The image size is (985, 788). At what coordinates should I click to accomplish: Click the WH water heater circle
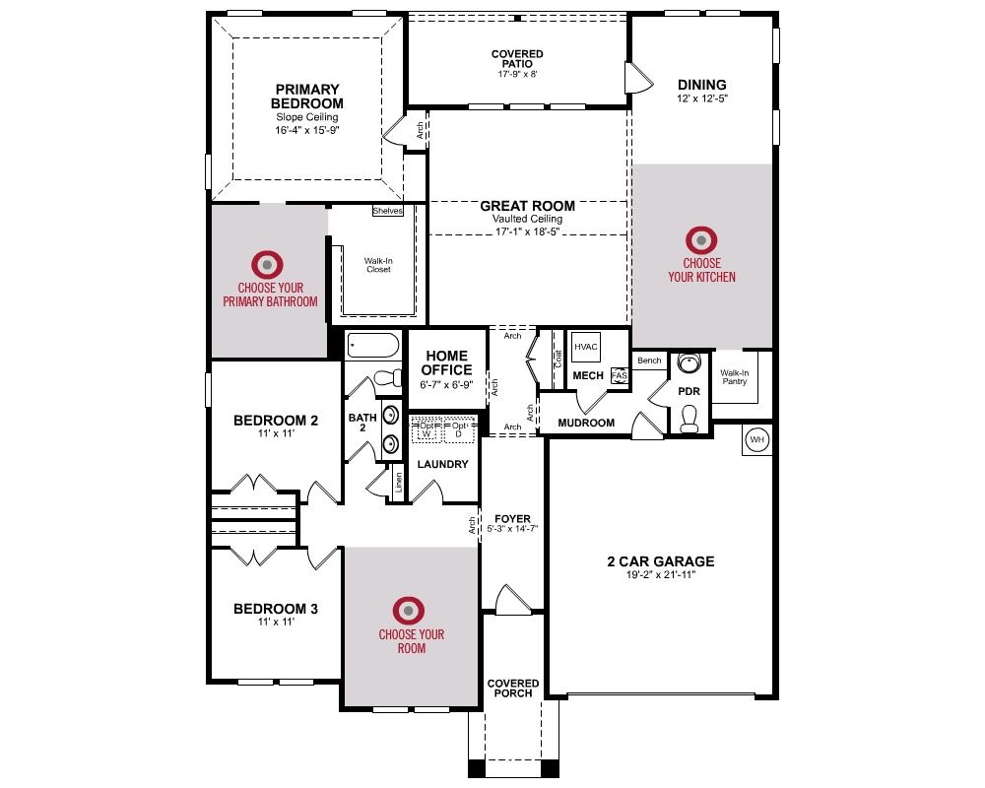[x=756, y=440]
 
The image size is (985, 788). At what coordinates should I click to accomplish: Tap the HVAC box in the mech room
[x=585, y=347]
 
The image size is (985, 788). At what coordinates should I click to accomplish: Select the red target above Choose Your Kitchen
[x=701, y=240]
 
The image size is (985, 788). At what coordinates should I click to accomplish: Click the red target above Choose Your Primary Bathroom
[x=267, y=265]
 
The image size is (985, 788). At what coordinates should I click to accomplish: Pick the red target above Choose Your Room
[x=409, y=611]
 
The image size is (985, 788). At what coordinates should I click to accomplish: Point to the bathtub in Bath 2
[x=373, y=346]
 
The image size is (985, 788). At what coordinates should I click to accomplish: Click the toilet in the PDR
[x=689, y=419]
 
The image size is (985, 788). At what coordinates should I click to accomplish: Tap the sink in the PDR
[x=689, y=363]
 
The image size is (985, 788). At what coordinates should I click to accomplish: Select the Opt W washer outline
[x=427, y=429]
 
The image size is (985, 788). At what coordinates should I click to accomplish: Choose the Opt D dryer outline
[x=459, y=429]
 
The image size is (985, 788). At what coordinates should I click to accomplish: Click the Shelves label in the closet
[x=387, y=211]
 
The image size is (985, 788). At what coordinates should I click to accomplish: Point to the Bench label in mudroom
[x=649, y=361]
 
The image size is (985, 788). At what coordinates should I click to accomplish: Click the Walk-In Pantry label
[x=735, y=377]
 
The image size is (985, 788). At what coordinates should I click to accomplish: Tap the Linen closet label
[x=398, y=484]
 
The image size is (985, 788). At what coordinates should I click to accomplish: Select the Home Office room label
[x=446, y=362]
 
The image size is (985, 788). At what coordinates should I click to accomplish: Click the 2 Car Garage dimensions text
[x=661, y=574]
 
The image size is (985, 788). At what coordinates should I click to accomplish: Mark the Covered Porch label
[x=513, y=689]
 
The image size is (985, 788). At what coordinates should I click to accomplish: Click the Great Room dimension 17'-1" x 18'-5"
[x=527, y=231]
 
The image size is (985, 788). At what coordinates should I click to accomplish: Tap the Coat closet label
[x=558, y=359]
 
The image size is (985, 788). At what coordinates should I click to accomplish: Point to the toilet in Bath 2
[x=387, y=377]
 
